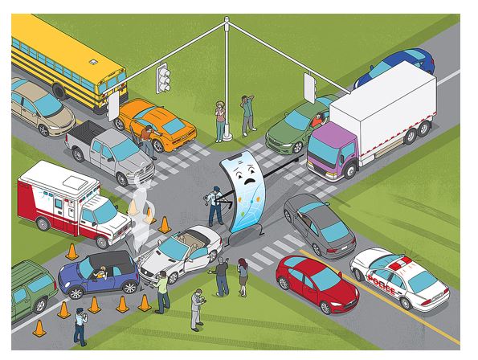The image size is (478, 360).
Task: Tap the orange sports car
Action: (157, 124)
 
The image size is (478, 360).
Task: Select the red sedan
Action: (317, 284)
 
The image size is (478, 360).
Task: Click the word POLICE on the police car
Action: (382, 284)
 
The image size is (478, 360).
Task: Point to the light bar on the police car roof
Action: (399, 264)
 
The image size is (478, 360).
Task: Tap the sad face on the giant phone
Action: (246, 174)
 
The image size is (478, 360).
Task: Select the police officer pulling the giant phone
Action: (216, 206)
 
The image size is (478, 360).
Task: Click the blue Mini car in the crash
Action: (98, 274)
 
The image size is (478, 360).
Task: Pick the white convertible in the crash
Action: (181, 254)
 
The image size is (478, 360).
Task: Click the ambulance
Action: (73, 202)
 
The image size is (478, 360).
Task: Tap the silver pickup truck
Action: (110, 152)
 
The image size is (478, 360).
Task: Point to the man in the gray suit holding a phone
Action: (198, 309)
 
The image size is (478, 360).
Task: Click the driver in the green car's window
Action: (317, 120)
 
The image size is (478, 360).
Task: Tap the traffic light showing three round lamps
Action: (163, 78)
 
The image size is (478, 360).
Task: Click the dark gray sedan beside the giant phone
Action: (319, 226)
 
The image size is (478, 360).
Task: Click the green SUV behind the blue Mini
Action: (33, 288)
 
